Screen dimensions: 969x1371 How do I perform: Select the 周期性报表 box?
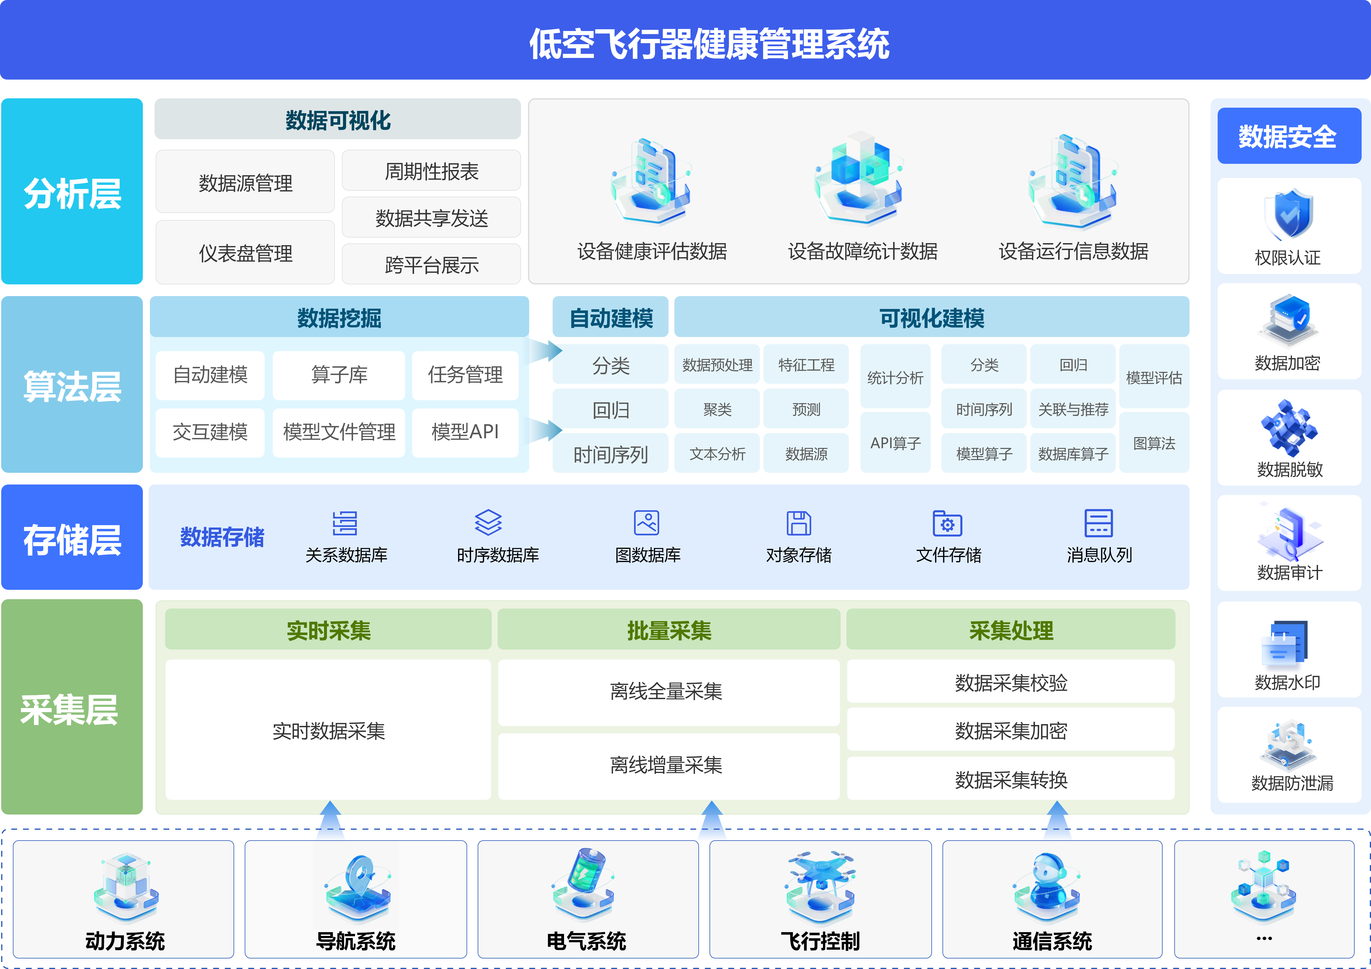pyautogui.click(x=431, y=171)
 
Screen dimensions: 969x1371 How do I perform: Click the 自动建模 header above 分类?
pyautogui.click(x=610, y=318)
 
